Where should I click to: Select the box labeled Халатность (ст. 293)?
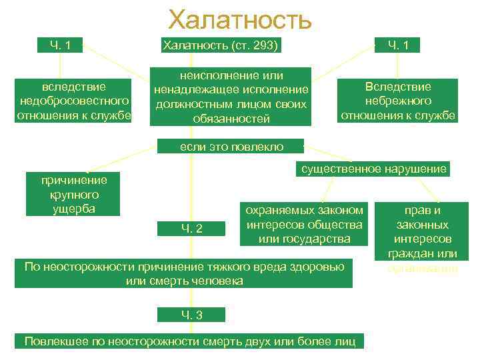click(220, 45)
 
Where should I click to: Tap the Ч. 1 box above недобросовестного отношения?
click(61, 45)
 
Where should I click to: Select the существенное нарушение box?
click(373, 169)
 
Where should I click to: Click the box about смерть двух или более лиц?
click(190, 341)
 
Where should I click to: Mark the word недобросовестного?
click(74, 101)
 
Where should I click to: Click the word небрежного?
click(398, 101)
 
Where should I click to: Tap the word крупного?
click(75, 194)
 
